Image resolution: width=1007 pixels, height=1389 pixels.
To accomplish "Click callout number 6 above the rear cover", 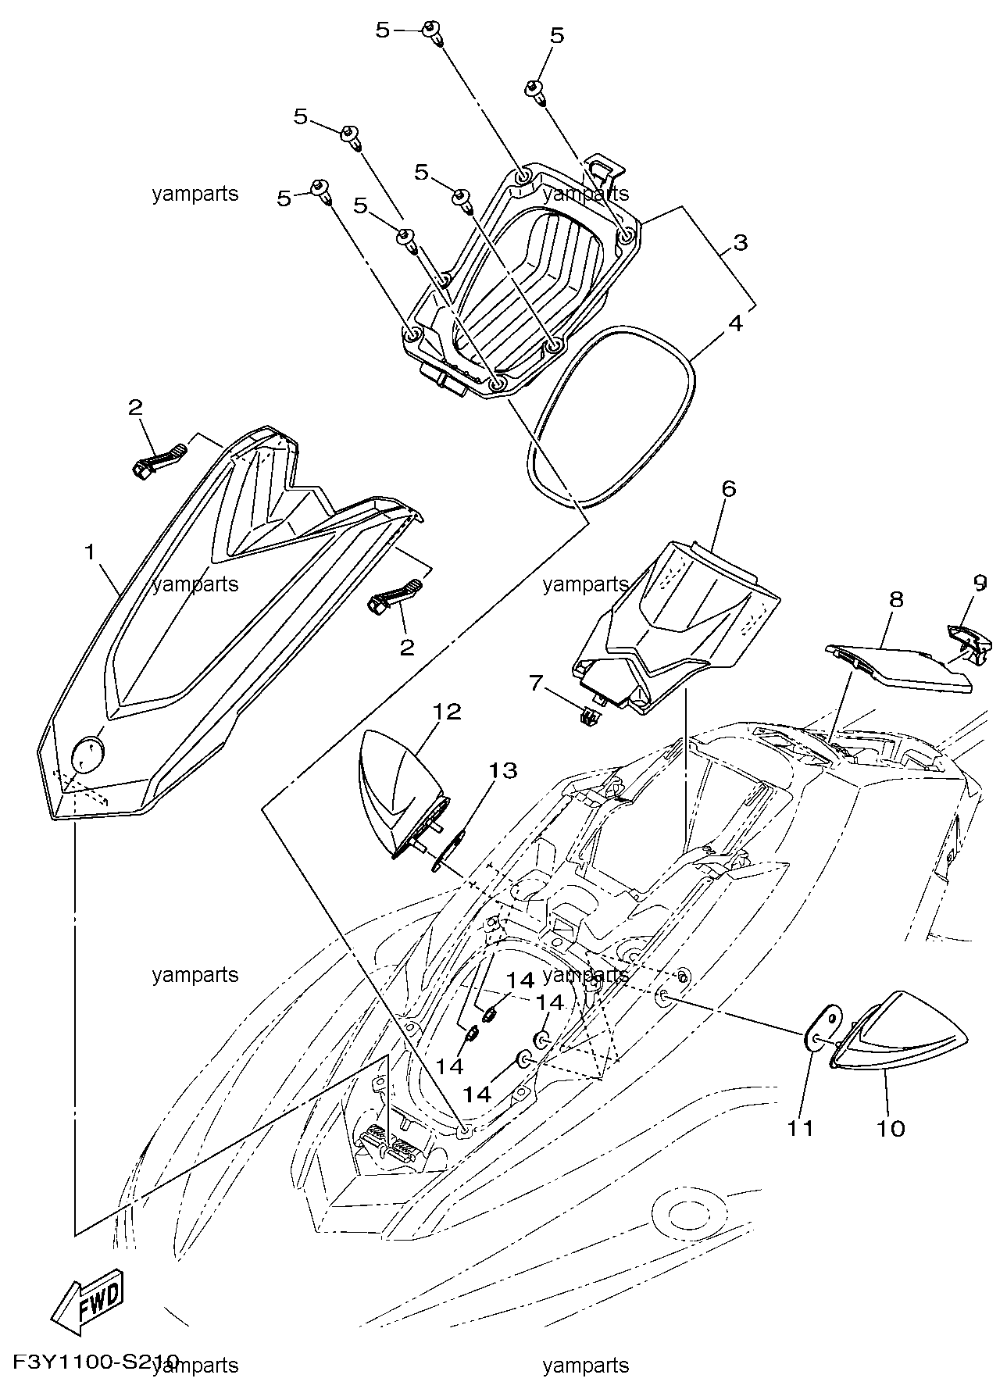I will click(x=728, y=489).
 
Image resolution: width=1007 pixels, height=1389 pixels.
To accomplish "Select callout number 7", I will click(x=536, y=684).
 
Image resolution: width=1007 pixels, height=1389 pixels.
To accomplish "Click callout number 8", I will click(x=895, y=599).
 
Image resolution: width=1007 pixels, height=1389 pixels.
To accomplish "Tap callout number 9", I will click(x=980, y=582).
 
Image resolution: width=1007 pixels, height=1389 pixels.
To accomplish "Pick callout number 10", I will click(x=891, y=1128).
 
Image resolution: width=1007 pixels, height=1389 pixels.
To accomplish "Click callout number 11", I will click(x=801, y=1128).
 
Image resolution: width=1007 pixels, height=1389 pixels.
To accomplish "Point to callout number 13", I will click(x=504, y=771).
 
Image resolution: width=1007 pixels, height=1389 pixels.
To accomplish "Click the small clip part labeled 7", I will click(x=588, y=715).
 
